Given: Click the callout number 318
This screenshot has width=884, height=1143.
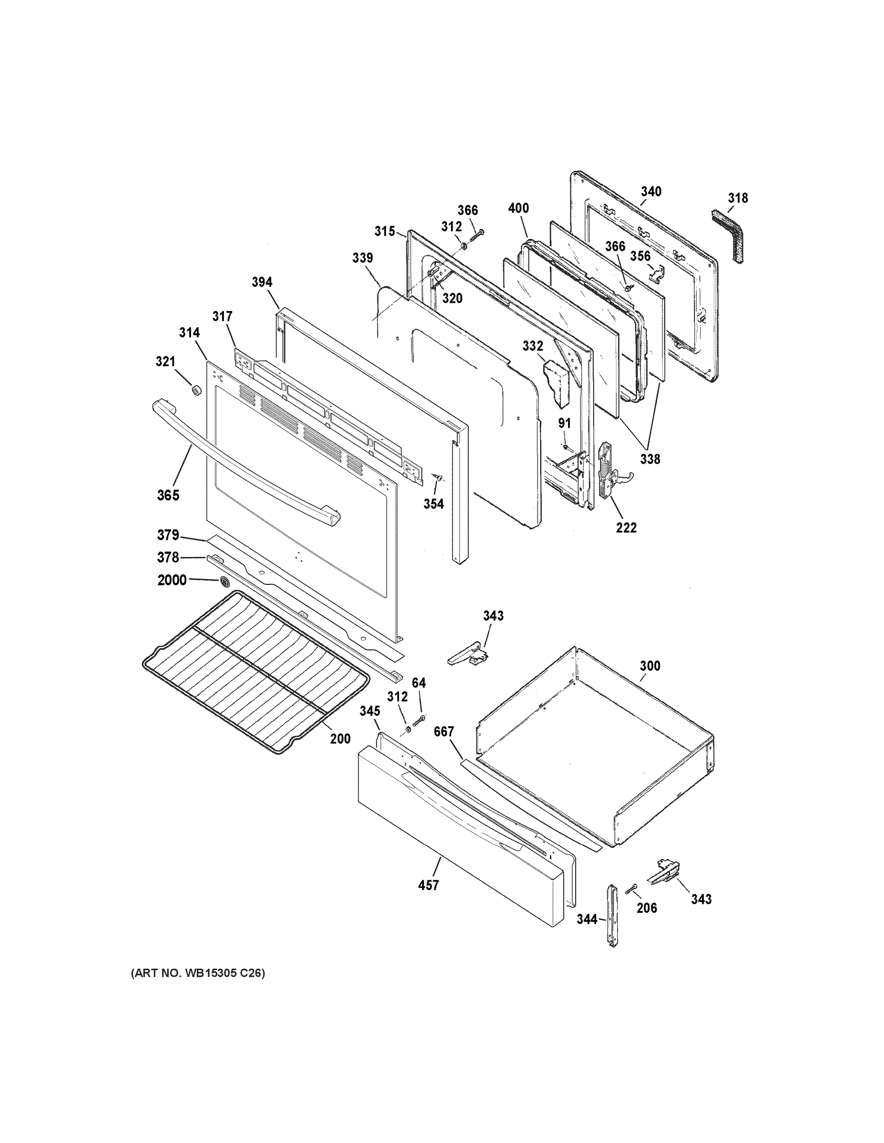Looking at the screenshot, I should click(x=738, y=198).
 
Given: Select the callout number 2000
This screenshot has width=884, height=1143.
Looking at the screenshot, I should click(x=172, y=580).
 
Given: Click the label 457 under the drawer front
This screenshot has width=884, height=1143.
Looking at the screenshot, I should click(x=428, y=885).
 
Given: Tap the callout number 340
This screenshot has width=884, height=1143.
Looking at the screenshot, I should click(x=651, y=191).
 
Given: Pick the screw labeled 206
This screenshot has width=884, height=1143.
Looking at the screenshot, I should click(x=631, y=888).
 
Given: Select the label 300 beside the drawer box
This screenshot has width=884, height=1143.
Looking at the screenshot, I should click(x=650, y=666).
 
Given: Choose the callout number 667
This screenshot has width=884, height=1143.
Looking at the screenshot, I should click(x=444, y=732).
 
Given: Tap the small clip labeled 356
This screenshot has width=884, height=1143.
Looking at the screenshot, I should click(x=656, y=271).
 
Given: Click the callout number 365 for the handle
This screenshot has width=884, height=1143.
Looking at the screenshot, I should click(x=168, y=495).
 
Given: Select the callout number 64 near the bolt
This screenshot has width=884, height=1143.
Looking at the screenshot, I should click(x=419, y=683).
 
